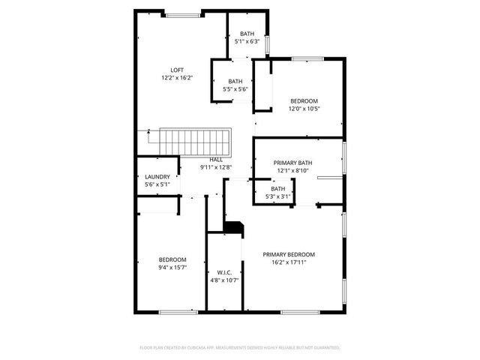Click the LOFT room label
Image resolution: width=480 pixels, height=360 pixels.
point(177,70)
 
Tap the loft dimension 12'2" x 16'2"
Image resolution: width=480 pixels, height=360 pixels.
point(177,78)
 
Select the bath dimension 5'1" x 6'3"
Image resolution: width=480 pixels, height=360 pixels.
point(247,42)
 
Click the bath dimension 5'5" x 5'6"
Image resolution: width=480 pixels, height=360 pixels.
point(235,89)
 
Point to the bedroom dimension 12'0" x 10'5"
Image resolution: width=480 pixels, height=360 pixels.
point(304,109)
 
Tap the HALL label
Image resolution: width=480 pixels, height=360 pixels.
point(216,160)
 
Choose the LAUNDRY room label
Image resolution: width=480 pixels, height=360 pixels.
point(157,177)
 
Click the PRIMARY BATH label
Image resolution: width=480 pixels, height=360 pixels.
point(292,162)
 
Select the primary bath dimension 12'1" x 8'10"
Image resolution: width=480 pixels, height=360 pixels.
point(292,170)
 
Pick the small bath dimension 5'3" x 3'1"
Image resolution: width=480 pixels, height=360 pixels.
point(277,196)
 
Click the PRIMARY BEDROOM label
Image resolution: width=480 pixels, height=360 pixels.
point(289,254)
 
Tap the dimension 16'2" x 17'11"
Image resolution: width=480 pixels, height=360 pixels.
point(289,262)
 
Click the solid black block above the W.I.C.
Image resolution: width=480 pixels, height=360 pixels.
point(234,227)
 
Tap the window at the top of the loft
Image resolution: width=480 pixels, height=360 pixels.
point(182,14)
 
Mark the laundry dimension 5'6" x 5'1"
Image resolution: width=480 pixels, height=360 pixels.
point(157,184)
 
